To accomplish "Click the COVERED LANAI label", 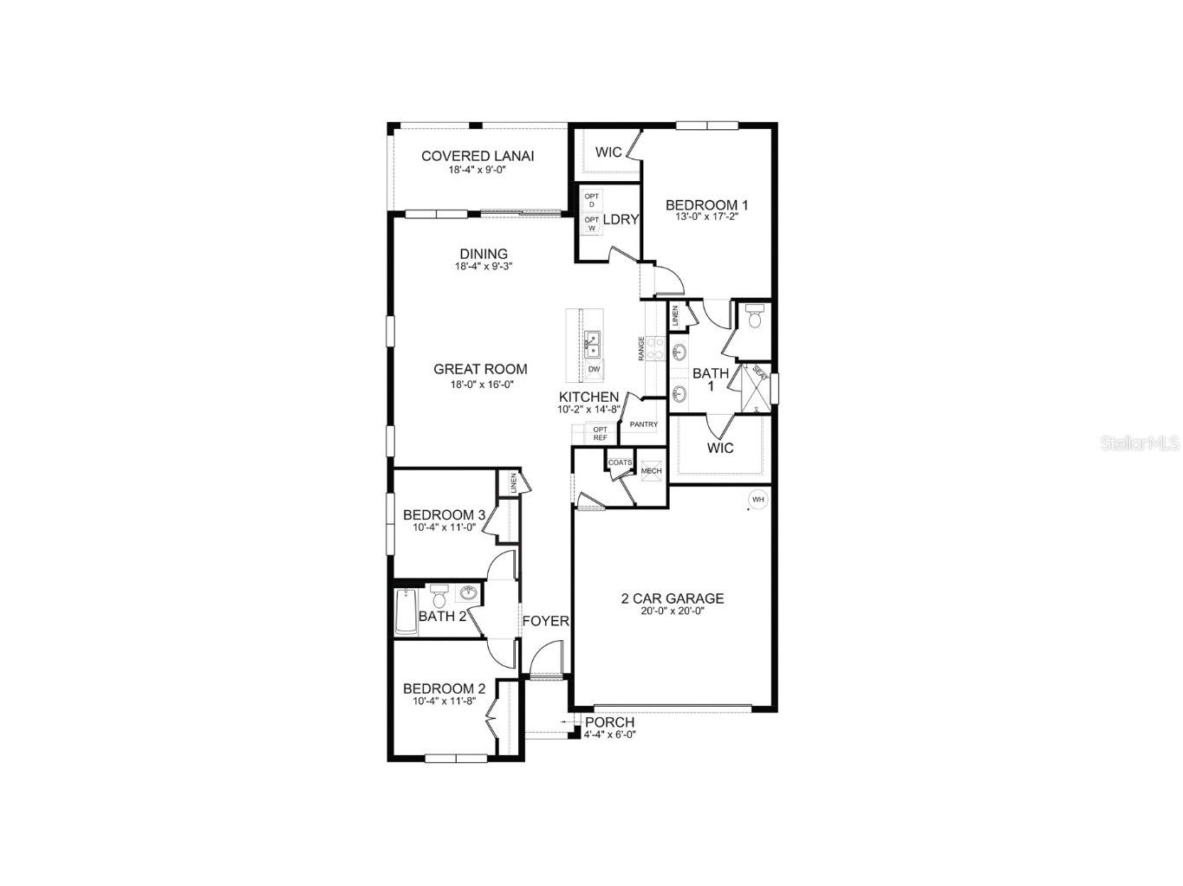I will pos(477,156).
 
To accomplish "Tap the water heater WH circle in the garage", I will pos(757,500).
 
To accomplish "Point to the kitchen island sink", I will pos(593,345).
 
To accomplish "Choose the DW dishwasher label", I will pos(594,370).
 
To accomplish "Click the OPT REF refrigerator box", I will pos(600,433).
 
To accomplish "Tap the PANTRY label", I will pos(644,424).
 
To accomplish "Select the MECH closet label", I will pos(651,471).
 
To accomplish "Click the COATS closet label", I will pos(620,462).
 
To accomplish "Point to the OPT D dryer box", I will pos(591,200).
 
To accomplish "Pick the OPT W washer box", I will pos(591,223).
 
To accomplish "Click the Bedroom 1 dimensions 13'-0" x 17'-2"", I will pos(706,217).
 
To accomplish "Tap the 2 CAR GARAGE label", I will pos(673,598).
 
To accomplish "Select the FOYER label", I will pos(545,621).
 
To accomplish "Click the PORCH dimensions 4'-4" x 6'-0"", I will pos(609,734).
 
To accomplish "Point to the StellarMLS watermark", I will pos(1140,443).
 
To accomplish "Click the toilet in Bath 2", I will pos(439,598).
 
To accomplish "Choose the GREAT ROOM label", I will pos(480,369).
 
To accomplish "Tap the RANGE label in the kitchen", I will pos(641,348).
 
